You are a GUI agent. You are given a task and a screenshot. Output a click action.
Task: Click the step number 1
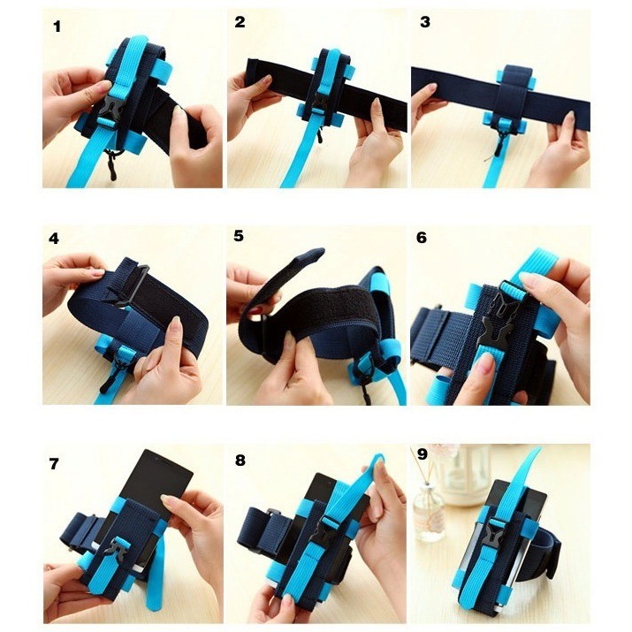pos(57,27)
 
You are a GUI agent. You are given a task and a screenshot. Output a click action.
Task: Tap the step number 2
pos(240,22)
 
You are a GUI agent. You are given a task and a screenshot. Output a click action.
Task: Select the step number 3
pos(425,22)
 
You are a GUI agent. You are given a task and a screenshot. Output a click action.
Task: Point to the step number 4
pos(54,239)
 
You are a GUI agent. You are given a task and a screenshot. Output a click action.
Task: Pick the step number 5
pos(239,236)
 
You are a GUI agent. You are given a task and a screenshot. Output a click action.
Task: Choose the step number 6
pos(422,238)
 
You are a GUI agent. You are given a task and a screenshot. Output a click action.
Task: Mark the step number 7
pos(54,464)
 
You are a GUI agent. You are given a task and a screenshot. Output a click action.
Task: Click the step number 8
pos(240,461)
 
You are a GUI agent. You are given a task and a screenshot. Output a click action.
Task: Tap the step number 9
pos(422,454)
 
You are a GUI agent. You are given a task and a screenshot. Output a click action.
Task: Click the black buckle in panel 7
pos(118,546)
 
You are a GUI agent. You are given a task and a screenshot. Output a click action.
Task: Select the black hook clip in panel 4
pos(114,375)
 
